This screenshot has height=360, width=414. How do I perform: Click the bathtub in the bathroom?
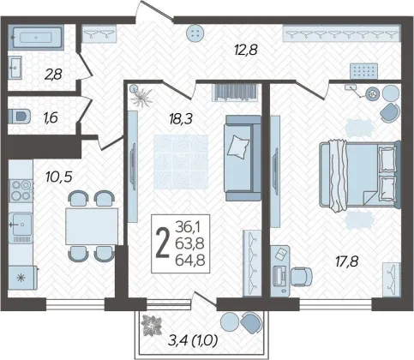(x=36, y=38)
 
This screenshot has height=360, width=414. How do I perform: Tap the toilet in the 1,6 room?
(x=20, y=116)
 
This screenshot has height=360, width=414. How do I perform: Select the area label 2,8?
(x=53, y=75)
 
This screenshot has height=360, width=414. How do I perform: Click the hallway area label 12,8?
(x=246, y=50)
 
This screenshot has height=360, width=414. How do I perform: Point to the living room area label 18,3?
(x=181, y=118)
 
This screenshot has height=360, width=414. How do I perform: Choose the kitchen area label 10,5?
(x=59, y=177)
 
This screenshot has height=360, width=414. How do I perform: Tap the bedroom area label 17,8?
(x=346, y=261)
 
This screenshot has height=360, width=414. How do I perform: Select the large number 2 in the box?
(x=162, y=243)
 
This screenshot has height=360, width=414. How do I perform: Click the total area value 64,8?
(x=190, y=261)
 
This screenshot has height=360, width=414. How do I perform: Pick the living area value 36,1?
(x=189, y=227)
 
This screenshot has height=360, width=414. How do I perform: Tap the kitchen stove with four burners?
(x=21, y=190)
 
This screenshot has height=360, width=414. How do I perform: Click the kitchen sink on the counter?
(x=20, y=225)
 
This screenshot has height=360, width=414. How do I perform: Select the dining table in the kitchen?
(x=92, y=226)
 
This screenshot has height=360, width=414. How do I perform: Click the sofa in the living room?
(x=243, y=158)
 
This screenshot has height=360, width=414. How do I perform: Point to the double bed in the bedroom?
(x=360, y=174)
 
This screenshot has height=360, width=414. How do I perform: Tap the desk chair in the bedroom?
(x=302, y=276)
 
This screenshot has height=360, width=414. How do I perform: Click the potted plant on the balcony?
(x=151, y=326)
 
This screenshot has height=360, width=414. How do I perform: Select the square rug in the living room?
(x=181, y=162)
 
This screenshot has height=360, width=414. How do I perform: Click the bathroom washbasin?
(x=15, y=68)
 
